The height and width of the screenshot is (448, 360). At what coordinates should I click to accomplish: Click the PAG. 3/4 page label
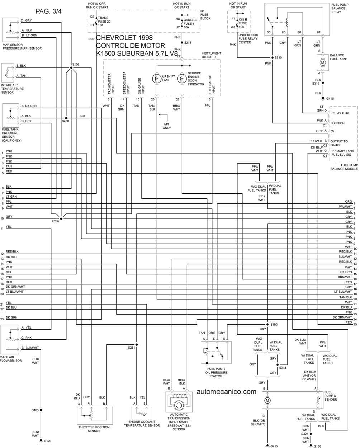tap(48, 11)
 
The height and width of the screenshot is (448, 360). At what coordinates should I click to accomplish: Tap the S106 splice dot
tap(71, 68)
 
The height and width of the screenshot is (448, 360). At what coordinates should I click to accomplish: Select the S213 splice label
tap(188, 42)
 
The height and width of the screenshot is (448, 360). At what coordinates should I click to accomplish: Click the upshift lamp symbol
tap(156, 79)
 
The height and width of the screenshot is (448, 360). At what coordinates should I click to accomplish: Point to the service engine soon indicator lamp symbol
tap(182, 79)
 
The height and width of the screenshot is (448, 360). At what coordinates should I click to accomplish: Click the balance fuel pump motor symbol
tap(323, 63)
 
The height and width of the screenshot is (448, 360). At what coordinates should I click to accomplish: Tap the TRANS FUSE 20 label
tap(104, 22)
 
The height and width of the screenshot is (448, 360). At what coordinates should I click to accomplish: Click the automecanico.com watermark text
tap(226, 392)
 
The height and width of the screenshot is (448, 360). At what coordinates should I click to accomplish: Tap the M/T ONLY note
tap(167, 126)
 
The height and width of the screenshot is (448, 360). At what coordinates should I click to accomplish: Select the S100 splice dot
tap(267, 325)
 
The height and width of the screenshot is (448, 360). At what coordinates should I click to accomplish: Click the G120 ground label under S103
tap(47, 441)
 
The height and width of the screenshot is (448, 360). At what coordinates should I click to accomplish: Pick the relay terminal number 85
tap(283, 32)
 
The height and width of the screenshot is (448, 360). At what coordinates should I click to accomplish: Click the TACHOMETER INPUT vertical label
tap(111, 84)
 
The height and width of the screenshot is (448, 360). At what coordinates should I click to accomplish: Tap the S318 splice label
tap(283, 368)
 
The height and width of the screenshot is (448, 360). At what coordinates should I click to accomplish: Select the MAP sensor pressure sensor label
tap(22, 47)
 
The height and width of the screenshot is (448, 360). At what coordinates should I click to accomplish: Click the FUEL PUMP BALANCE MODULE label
tap(344, 167)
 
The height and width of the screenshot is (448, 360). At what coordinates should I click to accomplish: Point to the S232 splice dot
tap(61, 218)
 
